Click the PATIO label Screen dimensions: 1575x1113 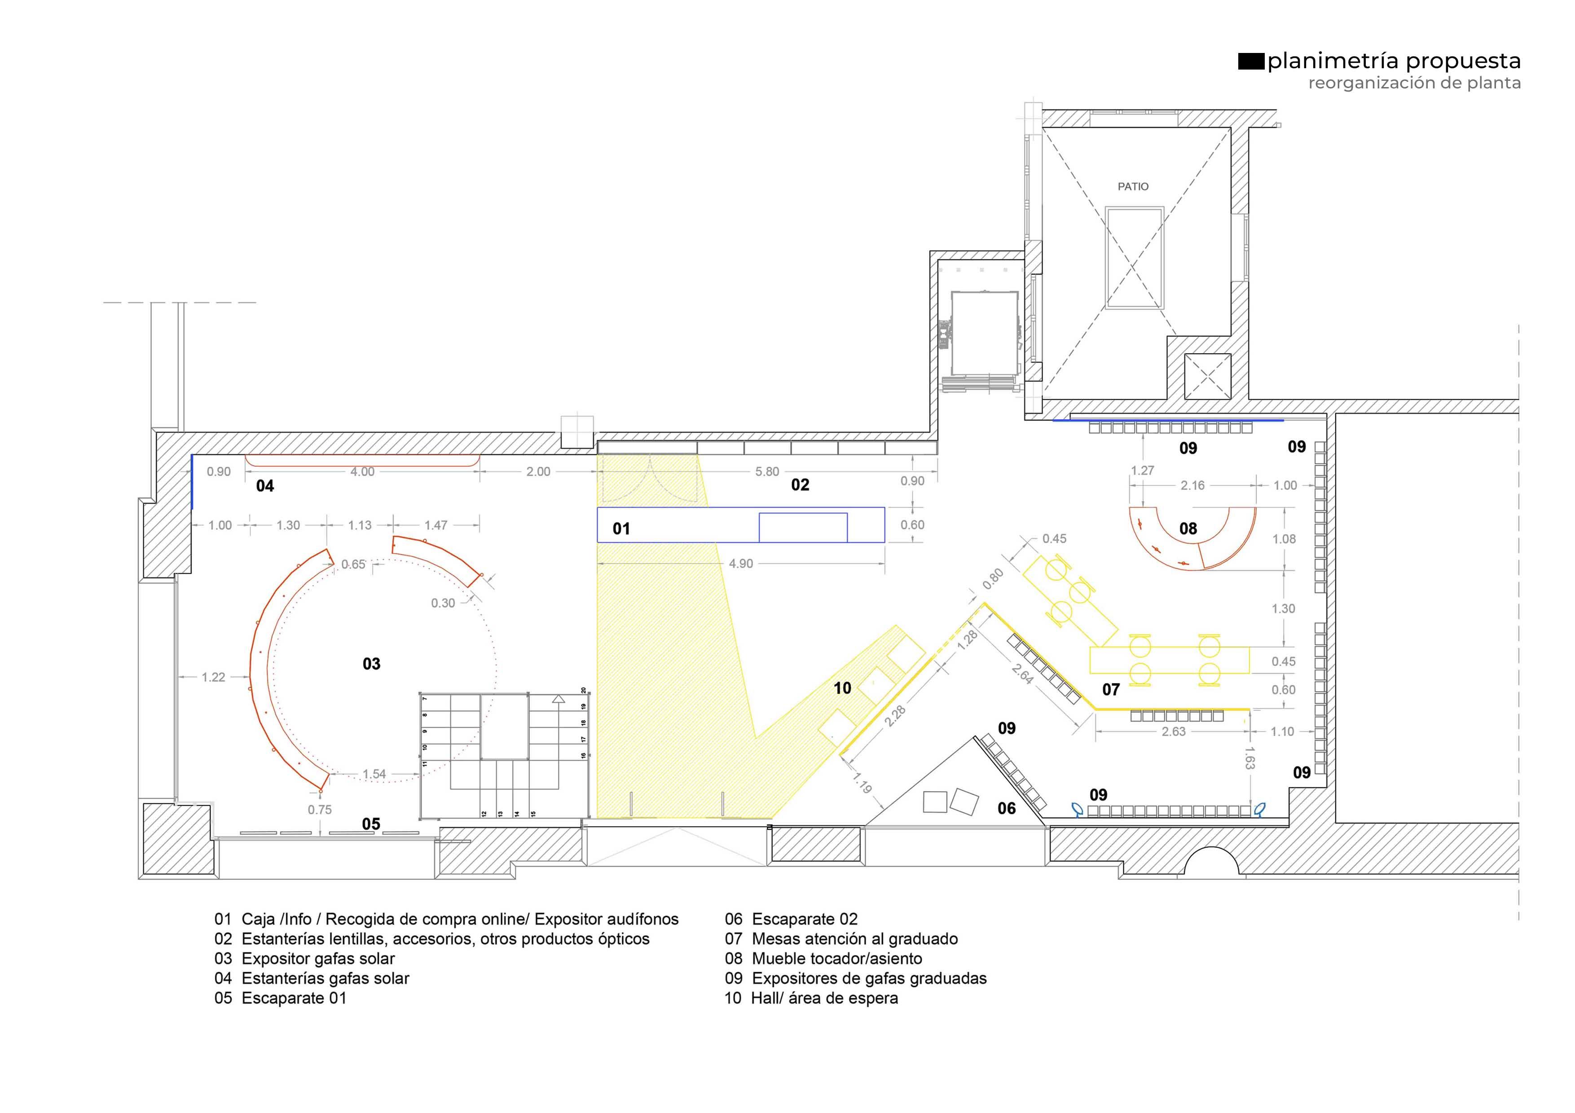[x=1133, y=187]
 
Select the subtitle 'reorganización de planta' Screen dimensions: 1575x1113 [x=1414, y=83]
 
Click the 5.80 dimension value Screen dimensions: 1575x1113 [x=767, y=472]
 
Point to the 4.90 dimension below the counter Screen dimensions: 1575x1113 [x=741, y=564]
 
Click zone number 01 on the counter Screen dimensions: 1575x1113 [x=621, y=529]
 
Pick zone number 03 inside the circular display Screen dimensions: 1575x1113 [x=371, y=664]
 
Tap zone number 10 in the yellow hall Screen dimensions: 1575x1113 [x=842, y=688]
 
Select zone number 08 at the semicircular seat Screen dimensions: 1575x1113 [x=1188, y=529]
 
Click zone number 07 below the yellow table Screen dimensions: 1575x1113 [x=1111, y=690]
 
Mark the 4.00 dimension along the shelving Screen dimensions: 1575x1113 [x=362, y=472]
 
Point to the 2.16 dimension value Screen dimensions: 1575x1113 [x=1192, y=486]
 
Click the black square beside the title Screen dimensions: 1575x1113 [x=1251, y=62]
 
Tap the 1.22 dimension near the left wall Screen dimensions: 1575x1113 [x=213, y=678]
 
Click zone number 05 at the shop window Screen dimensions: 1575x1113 [x=371, y=824]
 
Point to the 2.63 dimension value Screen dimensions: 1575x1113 [x=1174, y=732]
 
